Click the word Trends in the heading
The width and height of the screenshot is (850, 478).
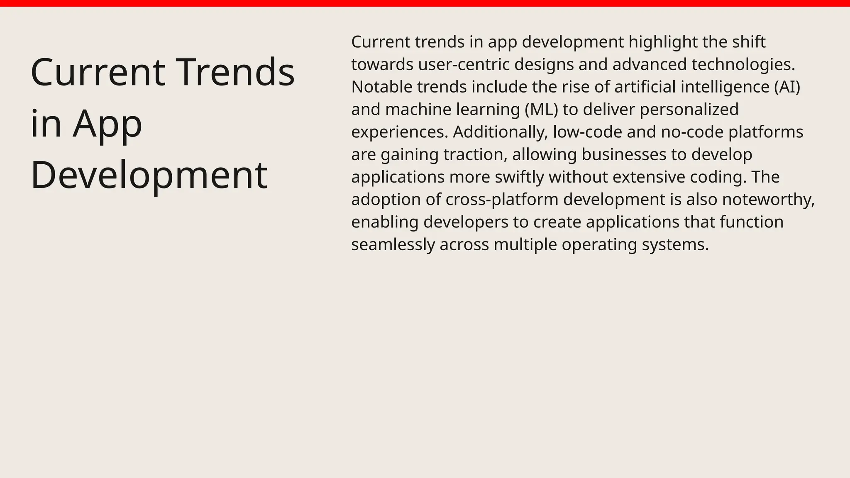[235, 72]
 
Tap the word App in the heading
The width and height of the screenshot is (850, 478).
[107, 124]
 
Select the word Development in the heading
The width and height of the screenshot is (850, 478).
[149, 175]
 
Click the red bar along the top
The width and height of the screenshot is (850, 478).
[425, 3]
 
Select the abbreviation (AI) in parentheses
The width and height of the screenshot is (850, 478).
[787, 87]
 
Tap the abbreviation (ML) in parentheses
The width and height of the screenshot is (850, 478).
[541, 110]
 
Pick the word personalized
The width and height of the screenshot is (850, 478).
[689, 110]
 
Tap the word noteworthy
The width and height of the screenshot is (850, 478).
[768, 200]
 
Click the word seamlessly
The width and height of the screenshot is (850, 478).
[393, 244]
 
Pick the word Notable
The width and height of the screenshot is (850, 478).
[382, 87]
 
